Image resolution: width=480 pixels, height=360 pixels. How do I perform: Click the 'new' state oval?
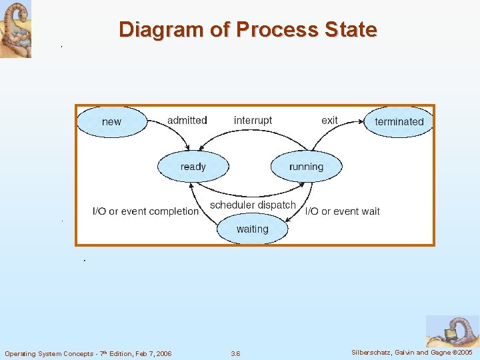click(111, 122)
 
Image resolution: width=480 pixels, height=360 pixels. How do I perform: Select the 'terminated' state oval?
click(399, 122)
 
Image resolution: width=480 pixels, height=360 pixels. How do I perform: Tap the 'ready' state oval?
click(193, 167)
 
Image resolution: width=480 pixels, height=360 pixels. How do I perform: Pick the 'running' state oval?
click(306, 167)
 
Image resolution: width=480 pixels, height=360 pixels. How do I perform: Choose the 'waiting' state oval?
click(252, 229)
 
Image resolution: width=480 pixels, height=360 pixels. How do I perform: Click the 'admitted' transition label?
click(187, 121)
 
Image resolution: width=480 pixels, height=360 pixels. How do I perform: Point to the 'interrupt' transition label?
click(253, 121)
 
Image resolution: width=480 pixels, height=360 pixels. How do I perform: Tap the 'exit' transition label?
click(329, 121)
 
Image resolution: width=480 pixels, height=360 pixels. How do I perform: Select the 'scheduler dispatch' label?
click(253, 205)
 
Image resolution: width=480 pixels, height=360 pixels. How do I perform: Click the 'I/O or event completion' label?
click(145, 211)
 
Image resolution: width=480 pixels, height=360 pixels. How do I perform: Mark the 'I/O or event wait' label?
click(342, 211)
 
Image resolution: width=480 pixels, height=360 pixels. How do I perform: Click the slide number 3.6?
click(235, 353)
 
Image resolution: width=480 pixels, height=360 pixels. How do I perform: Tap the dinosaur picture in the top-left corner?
click(15, 29)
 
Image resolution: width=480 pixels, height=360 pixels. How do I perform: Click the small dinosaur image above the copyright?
click(452, 331)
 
